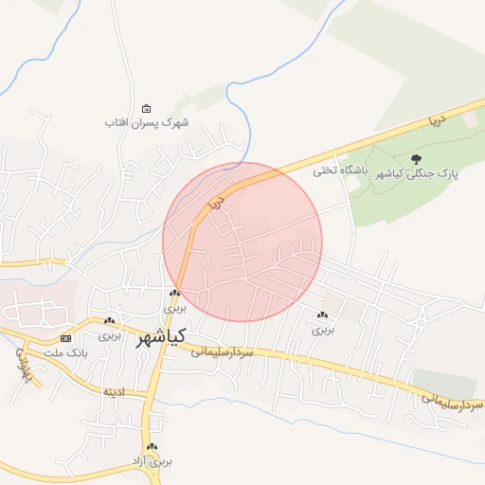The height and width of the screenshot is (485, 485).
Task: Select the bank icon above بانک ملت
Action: click(x=65, y=338)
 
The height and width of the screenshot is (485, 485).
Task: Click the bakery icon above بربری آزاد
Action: click(x=151, y=446)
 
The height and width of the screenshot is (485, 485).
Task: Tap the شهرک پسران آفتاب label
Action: click(x=148, y=123)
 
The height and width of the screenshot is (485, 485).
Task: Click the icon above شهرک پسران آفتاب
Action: click(x=146, y=108)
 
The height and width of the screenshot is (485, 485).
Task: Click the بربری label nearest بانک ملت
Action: click(x=110, y=335)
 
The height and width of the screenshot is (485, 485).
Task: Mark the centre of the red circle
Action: click(x=242, y=242)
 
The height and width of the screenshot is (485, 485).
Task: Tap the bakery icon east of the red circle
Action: click(x=323, y=314)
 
